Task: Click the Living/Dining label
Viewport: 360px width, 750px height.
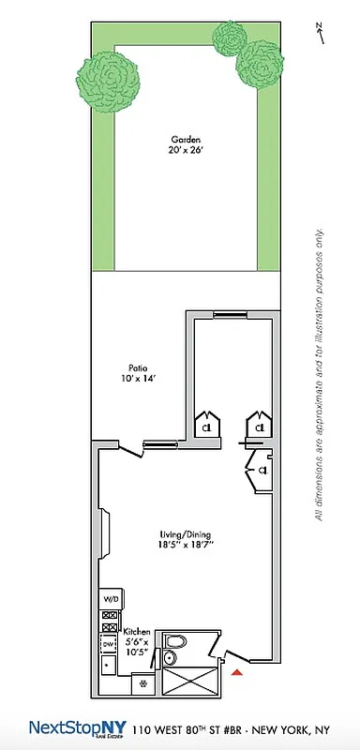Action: pyautogui.click(x=181, y=536)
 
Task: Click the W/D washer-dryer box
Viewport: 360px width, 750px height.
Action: pyautogui.click(x=110, y=599)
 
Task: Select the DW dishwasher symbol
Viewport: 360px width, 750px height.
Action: pyautogui.click(x=109, y=644)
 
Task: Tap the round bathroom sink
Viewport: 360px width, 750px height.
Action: pyautogui.click(x=169, y=658)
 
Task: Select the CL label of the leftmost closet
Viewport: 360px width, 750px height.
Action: pyautogui.click(x=207, y=427)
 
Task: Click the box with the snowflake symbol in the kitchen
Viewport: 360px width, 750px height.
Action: pyautogui.click(x=142, y=683)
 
